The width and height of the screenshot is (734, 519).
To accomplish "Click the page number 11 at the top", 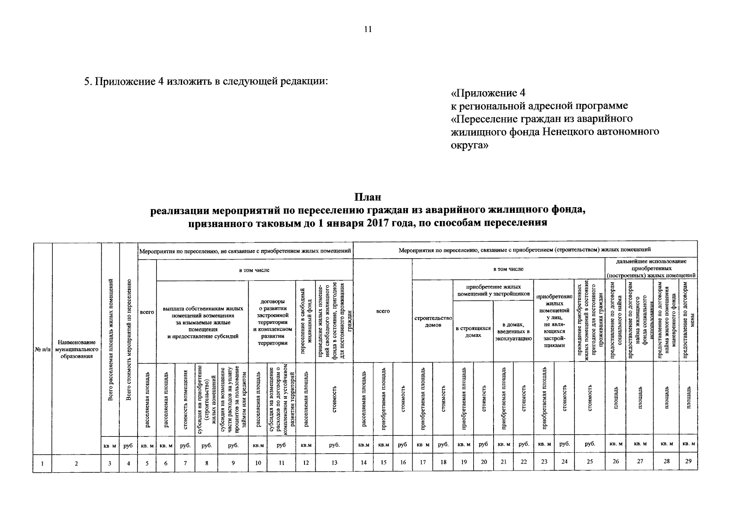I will (x=368, y=29).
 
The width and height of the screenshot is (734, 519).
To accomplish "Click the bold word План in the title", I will (x=368, y=198).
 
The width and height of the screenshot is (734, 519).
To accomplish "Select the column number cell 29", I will (x=688, y=461).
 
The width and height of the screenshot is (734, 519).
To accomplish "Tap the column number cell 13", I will (x=334, y=462).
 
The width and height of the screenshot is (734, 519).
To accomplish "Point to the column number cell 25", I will (x=590, y=462).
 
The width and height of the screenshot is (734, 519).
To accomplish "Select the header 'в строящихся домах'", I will (x=473, y=331).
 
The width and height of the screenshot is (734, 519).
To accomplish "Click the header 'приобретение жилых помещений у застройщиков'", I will (x=493, y=290).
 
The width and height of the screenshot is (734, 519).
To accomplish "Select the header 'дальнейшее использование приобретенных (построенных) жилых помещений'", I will (x=651, y=268).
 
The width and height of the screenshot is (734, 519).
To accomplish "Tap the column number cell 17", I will (x=423, y=462).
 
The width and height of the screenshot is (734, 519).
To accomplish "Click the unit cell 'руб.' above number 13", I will (x=334, y=444).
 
